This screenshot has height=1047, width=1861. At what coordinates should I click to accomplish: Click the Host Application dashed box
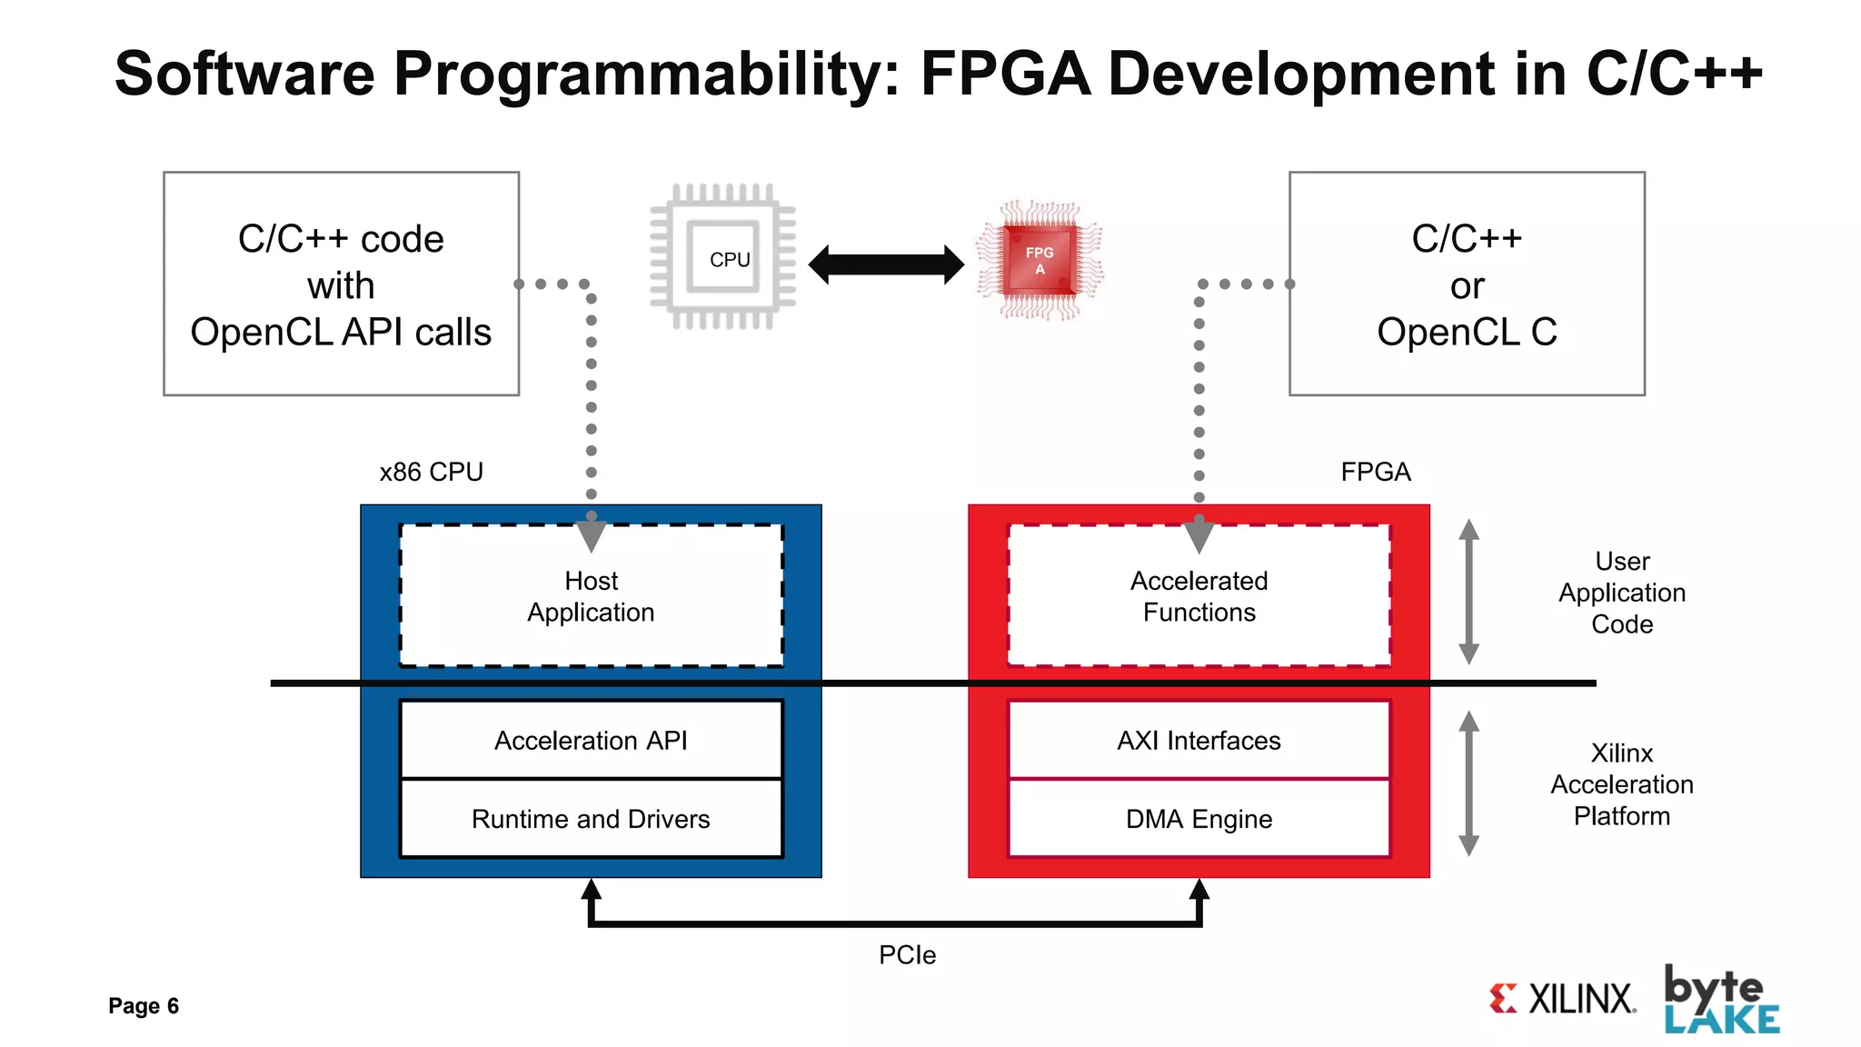pos(591,596)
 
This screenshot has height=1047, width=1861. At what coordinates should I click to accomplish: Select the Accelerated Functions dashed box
pos(1199,596)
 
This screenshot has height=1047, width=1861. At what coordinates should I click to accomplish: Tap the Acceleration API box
pos(591,740)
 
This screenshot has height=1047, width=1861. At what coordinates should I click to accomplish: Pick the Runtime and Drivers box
pos(591,818)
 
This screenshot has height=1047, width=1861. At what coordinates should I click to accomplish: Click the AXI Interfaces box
pos(1199,740)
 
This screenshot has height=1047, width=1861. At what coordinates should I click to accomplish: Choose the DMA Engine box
pos(1199,818)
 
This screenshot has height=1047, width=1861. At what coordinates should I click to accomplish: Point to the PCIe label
pos(907,954)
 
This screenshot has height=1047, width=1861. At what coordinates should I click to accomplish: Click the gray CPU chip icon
pos(723,257)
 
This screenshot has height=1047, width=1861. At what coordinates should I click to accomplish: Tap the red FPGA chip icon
pos(1040,260)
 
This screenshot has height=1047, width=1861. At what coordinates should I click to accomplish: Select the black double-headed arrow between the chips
pos(886,264)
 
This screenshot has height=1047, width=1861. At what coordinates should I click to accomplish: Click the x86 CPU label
pos(431,472)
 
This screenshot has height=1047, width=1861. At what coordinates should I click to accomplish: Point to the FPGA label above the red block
pos(1375,472)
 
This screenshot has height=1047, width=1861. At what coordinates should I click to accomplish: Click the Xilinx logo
pos(1562,998)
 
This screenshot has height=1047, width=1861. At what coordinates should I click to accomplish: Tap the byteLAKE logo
pos(1720,1000)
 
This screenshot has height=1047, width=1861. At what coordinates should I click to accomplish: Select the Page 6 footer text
pos(144,1005)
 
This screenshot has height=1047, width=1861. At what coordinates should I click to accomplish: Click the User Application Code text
pos(1621,593)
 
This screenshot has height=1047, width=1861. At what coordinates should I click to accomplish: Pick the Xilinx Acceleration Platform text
pos(1621,783)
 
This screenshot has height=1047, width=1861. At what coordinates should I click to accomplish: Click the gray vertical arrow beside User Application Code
pos(1468,592)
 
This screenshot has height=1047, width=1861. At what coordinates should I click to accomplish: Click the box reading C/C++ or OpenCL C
pos(1466,284)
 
